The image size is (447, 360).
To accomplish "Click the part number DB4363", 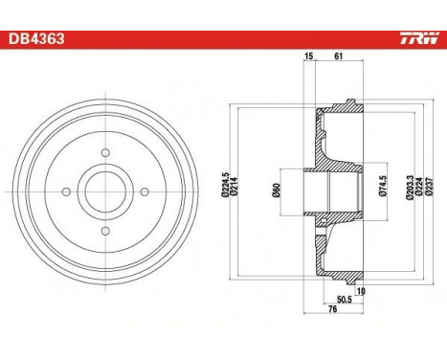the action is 36,39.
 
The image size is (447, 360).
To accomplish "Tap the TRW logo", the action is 419,38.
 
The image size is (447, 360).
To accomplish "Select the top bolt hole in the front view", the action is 105,152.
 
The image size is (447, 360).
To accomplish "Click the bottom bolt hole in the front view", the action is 105,231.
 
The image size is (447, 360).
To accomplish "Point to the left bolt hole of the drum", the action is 66,191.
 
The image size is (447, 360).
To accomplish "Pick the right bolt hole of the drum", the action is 145,191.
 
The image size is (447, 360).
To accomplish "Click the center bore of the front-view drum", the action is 105,191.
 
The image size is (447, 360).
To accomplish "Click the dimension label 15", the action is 308,56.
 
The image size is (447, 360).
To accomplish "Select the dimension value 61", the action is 338,56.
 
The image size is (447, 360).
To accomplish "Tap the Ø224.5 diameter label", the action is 226,185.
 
